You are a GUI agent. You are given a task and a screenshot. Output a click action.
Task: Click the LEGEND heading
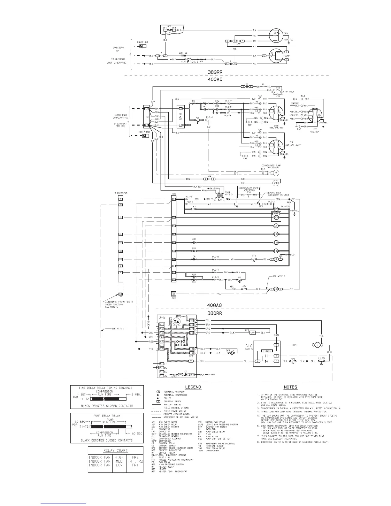pyautogui.click(x=194, y=387)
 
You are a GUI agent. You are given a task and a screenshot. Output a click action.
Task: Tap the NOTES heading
pyautogui.click(x=290, y=387)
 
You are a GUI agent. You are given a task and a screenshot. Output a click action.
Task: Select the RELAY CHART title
pyautogui.click(x=115, y=450)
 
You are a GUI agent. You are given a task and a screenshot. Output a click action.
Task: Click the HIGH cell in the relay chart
pyautogui.click(x=119, y=457)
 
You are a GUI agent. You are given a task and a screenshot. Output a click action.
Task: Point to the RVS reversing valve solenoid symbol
pyautogui.click(x=253, y=333)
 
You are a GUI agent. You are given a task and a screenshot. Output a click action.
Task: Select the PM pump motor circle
pyautogui.click(x=276, y=173)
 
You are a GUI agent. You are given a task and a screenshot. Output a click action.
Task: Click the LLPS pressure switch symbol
pyautogui.click(x=322, y=361)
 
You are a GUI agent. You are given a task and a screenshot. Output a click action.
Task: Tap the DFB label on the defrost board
pyautogui.click(x=162, y=318)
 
